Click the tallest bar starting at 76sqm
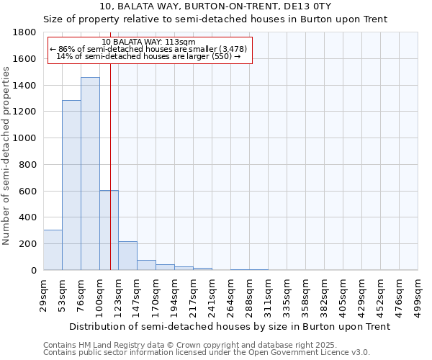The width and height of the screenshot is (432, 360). click(90, 174)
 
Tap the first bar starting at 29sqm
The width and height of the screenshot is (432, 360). click(53, 250)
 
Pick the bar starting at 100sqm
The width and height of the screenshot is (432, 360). click(109, 230)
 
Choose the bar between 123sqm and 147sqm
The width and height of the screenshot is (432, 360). click(127, 256)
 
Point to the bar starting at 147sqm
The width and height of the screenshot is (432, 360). click(146, 265)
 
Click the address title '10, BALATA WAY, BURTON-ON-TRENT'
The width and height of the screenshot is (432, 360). click(215, 6)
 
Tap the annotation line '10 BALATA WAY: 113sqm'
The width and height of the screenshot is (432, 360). click(149, 42)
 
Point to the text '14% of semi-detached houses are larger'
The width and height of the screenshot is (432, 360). click(148, 56)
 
